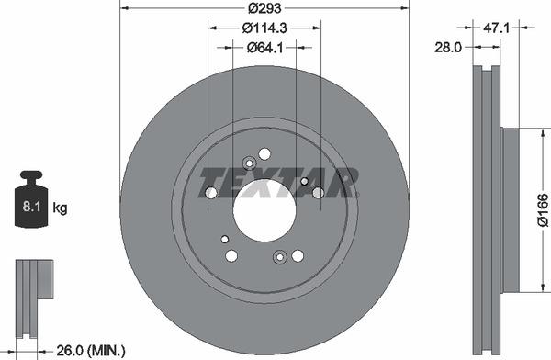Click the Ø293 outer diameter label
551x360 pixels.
(264, 10)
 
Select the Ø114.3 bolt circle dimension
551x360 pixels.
(264, 28)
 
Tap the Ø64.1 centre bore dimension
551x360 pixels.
(264, 47)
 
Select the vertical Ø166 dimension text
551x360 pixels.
(542, 210)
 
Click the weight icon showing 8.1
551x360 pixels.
(32, 200)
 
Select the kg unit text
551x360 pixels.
(61, 208)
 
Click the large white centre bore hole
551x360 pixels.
(264, 210)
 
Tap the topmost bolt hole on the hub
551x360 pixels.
(264, 153)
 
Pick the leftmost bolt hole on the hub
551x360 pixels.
(211, 193)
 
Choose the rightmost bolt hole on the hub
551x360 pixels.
(318, 193)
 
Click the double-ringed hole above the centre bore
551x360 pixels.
(248, 163)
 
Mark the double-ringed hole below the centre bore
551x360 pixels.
(280, 257)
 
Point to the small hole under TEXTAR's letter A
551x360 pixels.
(304, 182)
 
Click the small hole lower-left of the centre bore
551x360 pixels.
(225, 239)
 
